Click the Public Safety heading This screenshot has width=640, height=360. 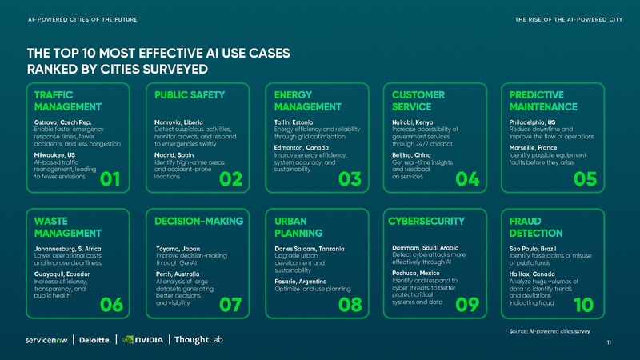[x=190, y=95]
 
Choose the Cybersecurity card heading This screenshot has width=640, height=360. [x=426, y=220]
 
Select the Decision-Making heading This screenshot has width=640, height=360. [x=198, y=220]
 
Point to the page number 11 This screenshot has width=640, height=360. [x=610, y=343]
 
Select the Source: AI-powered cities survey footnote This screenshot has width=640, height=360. [x=549, y=330]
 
